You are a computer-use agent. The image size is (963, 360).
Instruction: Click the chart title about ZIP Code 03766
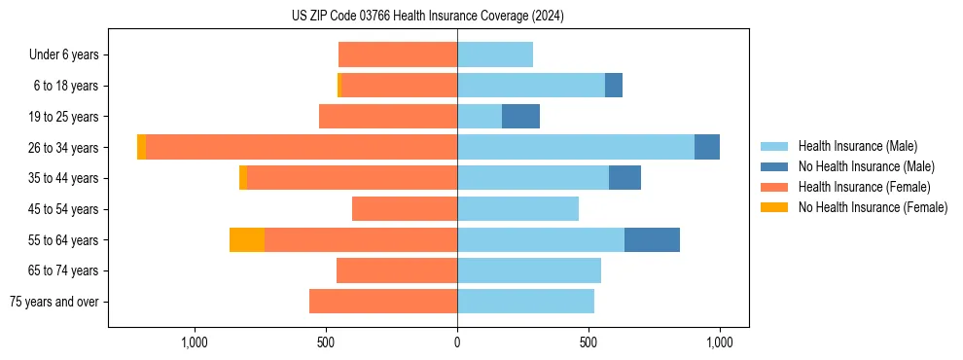click(427, 17)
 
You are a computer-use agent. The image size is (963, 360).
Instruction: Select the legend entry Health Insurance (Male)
click(857, 146)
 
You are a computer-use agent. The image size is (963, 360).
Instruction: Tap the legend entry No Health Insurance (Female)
click(873, 207)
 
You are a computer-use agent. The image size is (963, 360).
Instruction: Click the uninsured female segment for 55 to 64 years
click(247, 240)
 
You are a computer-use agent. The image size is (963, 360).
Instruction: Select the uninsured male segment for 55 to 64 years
click(652, 240)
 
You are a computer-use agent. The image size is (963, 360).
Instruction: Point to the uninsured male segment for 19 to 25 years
click(520, 117)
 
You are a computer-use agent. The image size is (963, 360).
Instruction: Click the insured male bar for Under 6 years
click(495, 54)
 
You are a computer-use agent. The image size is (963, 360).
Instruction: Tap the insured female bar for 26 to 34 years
click(302, 147)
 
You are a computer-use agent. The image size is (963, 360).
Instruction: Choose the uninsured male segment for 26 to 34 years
click(707, 147)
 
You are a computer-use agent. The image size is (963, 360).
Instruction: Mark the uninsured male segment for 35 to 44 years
click(624, 178)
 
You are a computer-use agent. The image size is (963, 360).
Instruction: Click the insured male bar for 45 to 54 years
click(517, 209)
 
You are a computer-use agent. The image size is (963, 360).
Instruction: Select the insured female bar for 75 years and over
click(383, 302)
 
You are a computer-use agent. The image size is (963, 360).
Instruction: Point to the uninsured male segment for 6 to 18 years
click(614, 86)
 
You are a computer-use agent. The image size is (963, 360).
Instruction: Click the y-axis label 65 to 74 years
click(64, 270)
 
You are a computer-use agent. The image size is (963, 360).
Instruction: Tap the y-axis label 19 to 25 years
click(64, 117)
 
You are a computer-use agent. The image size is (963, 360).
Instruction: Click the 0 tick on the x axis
click(457, 342)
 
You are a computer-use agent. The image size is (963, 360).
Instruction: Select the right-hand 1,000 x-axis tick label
click(719, 342)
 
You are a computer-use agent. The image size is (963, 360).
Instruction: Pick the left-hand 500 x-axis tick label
click(326, 342)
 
